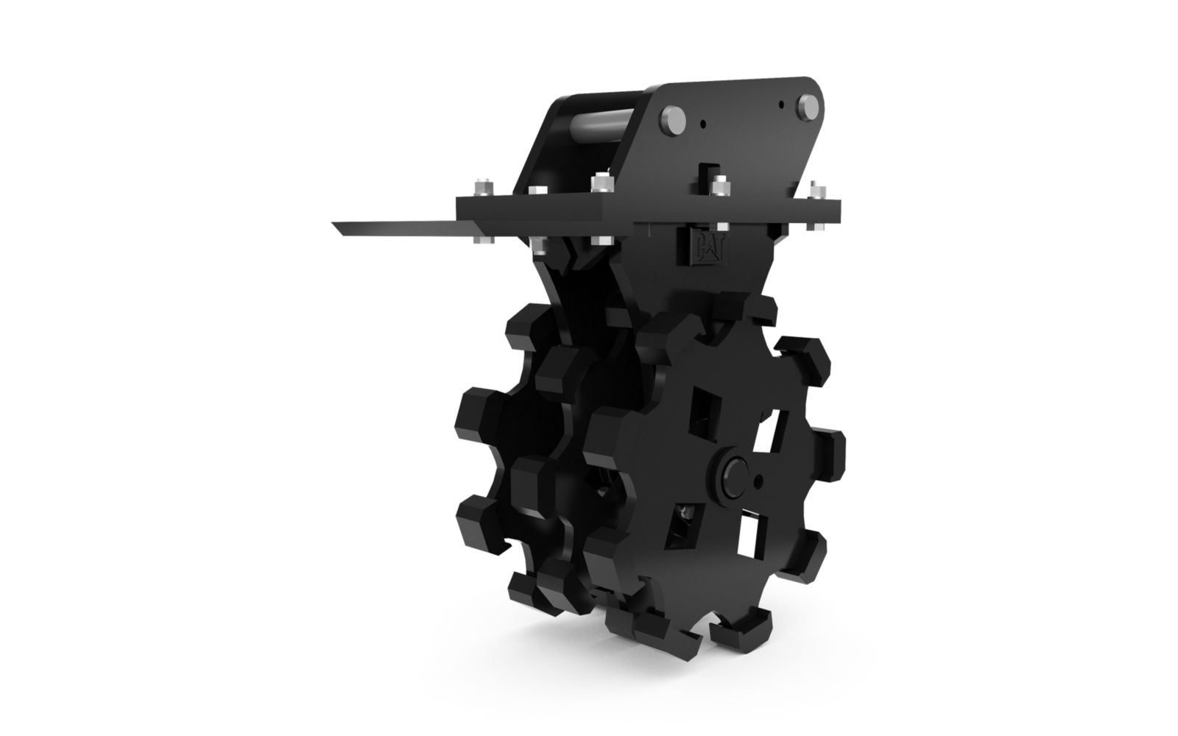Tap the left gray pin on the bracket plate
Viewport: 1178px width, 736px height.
(673, 121)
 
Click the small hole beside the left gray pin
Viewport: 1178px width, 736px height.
(704, 124)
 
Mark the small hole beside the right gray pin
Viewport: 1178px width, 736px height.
(781, 104)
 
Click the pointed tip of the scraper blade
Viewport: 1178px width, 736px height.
(333, 224)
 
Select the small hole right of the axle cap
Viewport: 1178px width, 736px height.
(758, 481)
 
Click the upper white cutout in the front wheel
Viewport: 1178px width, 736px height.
(769, 432)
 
